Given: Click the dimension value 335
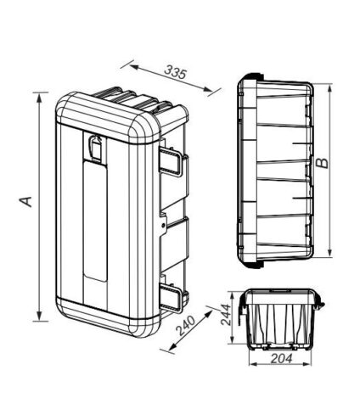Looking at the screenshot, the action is tap(176, 72).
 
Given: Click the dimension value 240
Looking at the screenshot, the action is tap(186, 325).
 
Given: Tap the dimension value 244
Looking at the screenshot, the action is tap(226, 315).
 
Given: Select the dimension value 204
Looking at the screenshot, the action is tap(282, 359).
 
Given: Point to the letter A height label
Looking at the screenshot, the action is tap(25, 201).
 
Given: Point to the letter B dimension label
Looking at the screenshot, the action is tap(323, 163).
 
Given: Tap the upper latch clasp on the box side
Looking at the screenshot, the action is tap(171, 162).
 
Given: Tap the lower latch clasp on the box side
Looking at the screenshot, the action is tap(171, 298).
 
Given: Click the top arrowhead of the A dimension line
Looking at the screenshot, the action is tap(40, 98).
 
